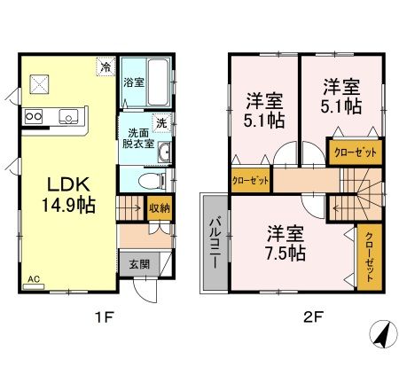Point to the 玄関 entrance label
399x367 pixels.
click(x=139, y=263)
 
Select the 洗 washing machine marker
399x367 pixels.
click(x=162, y=123)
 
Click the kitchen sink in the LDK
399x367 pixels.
click(x=68, y=114)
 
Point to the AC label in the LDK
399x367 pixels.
click(x=34, y=280)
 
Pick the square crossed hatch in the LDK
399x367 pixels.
click(x=41, y=84)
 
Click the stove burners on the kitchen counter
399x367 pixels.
click(x=35, y=114)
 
